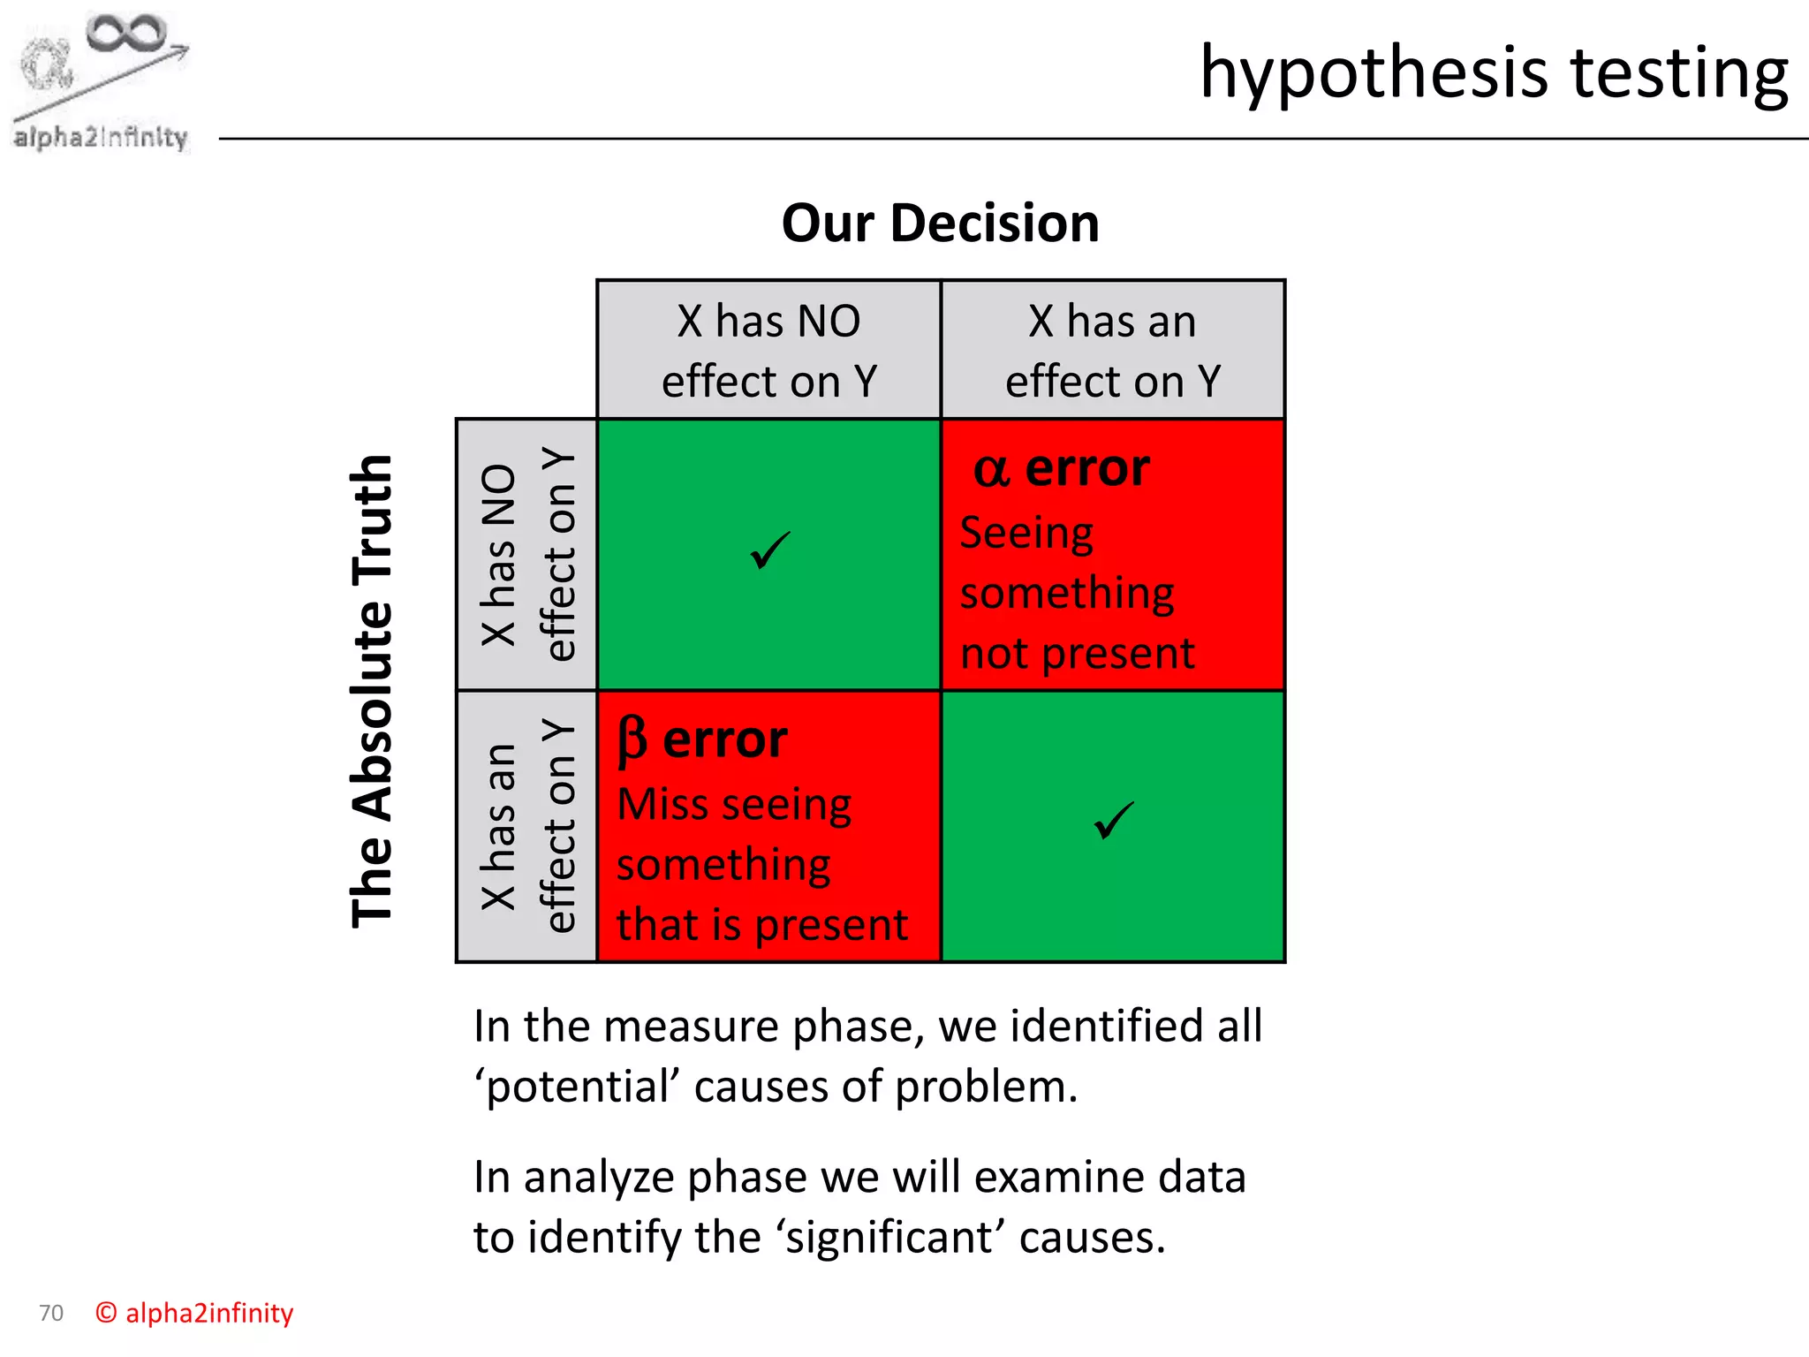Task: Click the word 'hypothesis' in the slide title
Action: tap(1374, 74)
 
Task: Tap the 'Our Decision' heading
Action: tap(940, 224)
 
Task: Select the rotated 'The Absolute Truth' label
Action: tap(372, 691)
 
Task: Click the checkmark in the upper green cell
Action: tap(769, 551)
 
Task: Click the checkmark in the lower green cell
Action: tap(1113, 821)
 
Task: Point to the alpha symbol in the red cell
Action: tap(991, 470)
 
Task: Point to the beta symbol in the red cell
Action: tap(632, 740)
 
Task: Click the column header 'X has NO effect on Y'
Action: tap(768, 351)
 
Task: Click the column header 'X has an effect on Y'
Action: tap(1112, 351)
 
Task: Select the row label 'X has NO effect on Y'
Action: tap(527, 555)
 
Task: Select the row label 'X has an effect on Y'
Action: tap(527, 826)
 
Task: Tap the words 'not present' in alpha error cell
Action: tap(1077, 655)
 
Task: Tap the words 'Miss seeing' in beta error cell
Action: tap(733, 805)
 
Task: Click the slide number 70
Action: tap(51, 1313)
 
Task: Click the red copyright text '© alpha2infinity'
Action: tap(194, 1313)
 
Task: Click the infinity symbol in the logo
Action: tap(125, 34)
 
